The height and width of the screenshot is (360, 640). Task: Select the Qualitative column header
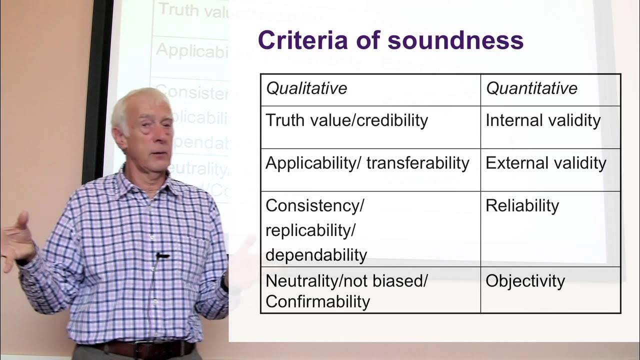coord(306,88)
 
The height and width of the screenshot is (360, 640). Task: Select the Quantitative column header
coord(531,88)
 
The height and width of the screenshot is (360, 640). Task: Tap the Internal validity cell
coord(543,120)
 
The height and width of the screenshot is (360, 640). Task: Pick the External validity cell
coord(545,163)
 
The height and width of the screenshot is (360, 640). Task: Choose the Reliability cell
coord(522,205)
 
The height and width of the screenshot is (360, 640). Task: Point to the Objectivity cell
coord(525,281)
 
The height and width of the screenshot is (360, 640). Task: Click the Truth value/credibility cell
coord(346,120)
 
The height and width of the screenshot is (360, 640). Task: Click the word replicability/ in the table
coord(310,230)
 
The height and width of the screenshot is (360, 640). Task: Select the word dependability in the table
coord(316,255)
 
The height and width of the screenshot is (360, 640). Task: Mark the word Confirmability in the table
coord(317,301)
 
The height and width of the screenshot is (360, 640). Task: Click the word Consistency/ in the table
coord(315,205)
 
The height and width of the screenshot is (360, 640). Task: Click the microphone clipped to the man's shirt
coord(161,256)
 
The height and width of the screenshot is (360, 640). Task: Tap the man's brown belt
coord(145,348)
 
